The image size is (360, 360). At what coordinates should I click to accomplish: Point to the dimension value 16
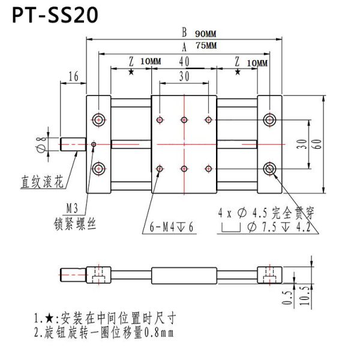click(74, 76)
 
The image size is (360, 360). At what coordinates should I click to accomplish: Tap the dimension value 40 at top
click(184, 61)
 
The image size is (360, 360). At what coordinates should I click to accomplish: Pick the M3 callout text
click(72, 208)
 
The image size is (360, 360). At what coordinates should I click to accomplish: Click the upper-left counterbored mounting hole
click(98, 119)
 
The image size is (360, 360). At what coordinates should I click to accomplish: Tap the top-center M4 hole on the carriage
click(184, 120)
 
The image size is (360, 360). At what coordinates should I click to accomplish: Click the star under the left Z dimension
click(131, 73)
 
